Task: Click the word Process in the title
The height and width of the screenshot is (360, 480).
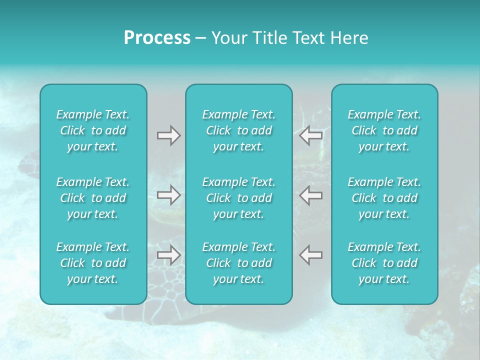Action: tap(157, 38)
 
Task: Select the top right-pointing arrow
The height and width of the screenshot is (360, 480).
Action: tap(169, 135)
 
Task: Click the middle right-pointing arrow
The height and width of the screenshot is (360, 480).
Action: tap(169, 195)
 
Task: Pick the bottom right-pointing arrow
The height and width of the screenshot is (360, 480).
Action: tap(169, 255)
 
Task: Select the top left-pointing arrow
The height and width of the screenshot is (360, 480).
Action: tap(310, 135)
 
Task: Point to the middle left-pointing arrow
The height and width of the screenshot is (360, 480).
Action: tap(310, 195)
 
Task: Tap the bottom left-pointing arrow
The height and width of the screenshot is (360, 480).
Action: tap(310, 255)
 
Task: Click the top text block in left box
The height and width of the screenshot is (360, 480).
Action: tap(93, 130)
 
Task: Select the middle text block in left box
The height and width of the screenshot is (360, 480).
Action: tap(93, 198)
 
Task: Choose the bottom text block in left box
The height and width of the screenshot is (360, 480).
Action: tap(93, 263)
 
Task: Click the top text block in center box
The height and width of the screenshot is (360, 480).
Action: tap(239, 130)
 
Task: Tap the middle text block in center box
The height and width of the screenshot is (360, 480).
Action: tap(239, 198)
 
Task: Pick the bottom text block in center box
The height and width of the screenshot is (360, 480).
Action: tap(239, 263)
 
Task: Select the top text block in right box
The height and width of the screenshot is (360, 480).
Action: tap(384, 130)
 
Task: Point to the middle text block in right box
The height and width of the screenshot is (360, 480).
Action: tap(384, 198)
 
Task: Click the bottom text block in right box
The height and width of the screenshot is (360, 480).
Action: tap(384, 263)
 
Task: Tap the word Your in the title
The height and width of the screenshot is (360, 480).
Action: tap(227, 38)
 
